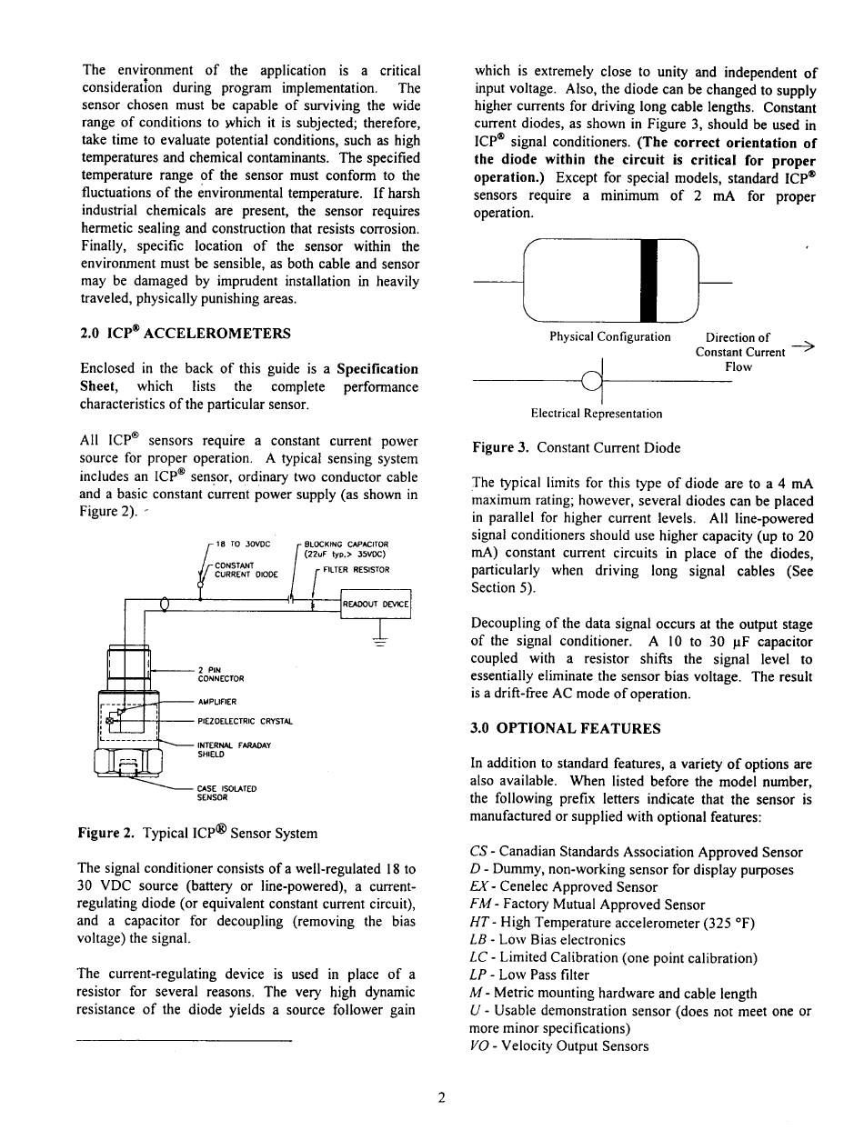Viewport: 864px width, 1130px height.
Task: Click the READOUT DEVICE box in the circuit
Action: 376,604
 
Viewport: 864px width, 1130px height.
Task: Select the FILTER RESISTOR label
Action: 356,570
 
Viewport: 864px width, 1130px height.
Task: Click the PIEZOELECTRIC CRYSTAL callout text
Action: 245,721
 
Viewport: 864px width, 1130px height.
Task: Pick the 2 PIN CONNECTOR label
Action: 220,674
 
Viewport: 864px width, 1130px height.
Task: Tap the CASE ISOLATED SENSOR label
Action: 226,792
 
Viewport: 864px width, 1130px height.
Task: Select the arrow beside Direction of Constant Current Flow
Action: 802,345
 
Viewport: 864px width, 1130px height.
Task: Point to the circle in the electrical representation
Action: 591,382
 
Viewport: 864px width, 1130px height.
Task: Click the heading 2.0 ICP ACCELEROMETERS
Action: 186,334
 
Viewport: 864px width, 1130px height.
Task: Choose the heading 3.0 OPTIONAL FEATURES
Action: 566,728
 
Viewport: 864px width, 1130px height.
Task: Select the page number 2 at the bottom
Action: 441,1097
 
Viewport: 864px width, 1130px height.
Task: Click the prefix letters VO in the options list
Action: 479,1045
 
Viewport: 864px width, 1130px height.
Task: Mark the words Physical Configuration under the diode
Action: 609,337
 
